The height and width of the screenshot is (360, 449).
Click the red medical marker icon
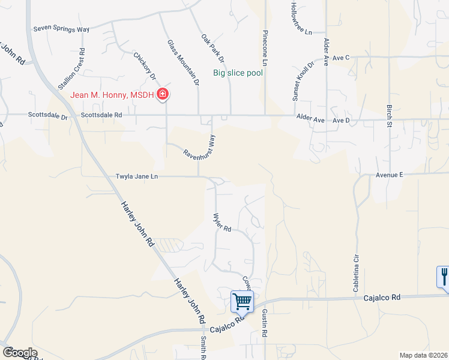[x=162, y=94]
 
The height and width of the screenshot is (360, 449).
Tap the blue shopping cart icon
[x=242, y=301]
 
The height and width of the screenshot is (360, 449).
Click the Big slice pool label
[x=239, y=74]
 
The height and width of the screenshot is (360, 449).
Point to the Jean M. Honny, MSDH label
[x=112, y=94]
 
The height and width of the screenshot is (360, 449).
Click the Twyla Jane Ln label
[x=137, y=177]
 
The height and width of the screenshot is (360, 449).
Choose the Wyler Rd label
[x=222, y=222]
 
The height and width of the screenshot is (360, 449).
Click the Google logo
[x=20, y=353]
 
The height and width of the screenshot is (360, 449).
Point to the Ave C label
[x=340, y=58]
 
